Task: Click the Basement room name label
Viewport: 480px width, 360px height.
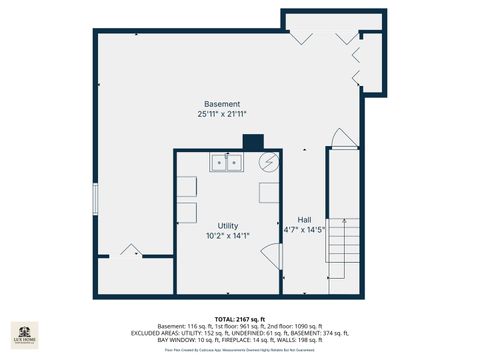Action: pyautogui.click(x=222, y=104)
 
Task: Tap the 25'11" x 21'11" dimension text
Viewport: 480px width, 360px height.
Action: pyautogui.click(x=222, y=115)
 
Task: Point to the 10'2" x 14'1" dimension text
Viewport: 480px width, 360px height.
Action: pyautogui.click(x=227, y=236)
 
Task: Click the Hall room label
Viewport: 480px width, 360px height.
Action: pyautogui.click(x=304, y=219)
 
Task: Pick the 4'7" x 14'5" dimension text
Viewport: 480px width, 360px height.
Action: pyautogui.click(x=304, y=230)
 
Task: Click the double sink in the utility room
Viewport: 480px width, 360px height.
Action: pyautogui.click(x=226, y=162)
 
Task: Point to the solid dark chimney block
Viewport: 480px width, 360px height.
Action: pyautogui.click(x=252, y=142)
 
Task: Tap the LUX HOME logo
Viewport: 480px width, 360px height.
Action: pyautogui.click(x=25, y=334)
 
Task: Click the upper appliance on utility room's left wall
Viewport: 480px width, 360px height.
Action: pyautogui.click(x=187, y=187)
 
